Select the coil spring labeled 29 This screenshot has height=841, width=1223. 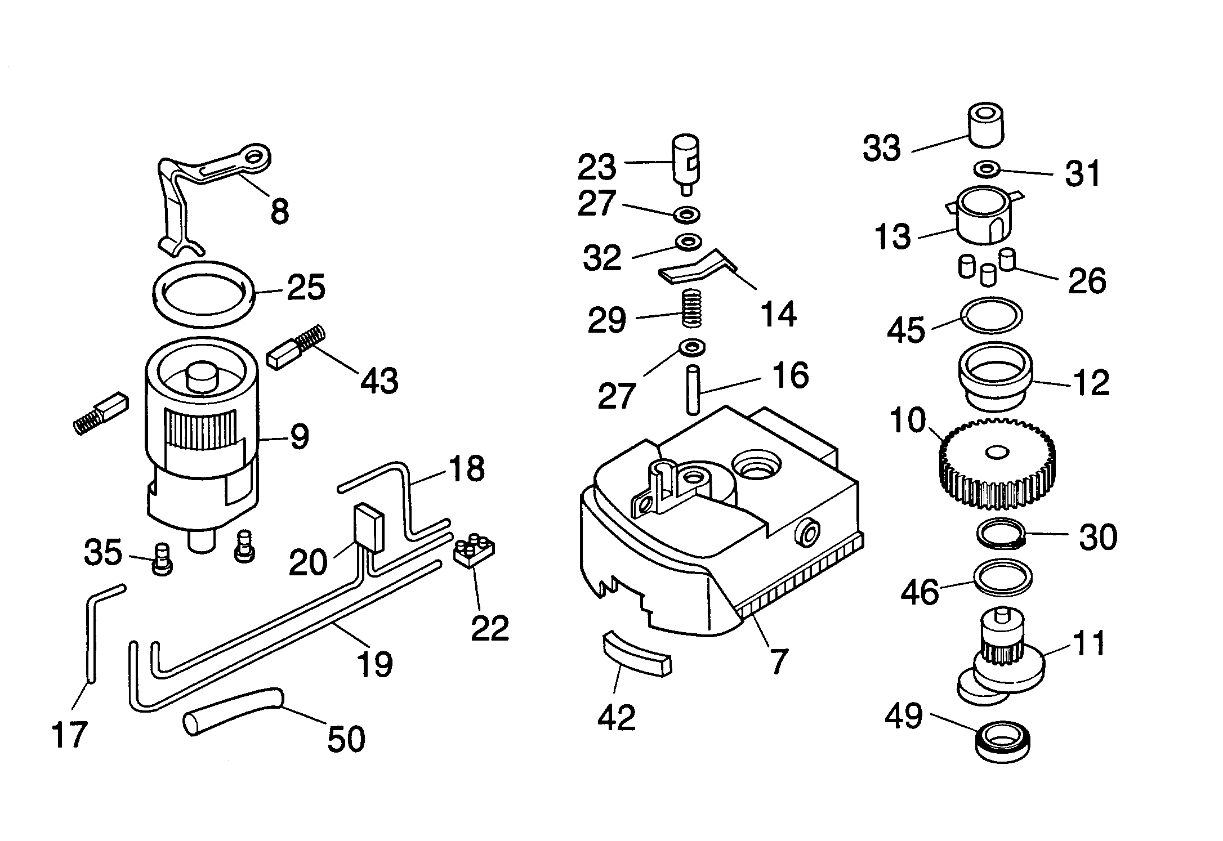coord(692,307)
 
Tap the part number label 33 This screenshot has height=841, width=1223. coord(882,149)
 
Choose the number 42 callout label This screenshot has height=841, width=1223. coord(617,717)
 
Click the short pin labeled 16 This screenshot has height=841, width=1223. coord(693,389)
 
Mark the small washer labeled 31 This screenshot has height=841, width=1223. coord(987,168)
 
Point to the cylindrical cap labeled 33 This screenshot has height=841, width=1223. coord(986,125)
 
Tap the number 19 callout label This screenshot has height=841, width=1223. coord(375,664)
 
